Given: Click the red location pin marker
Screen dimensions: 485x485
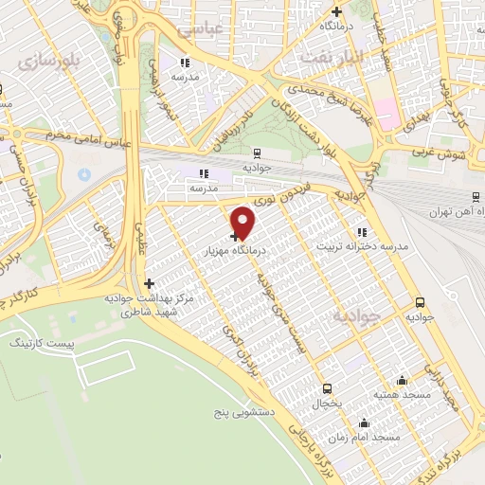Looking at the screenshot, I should [244, 223].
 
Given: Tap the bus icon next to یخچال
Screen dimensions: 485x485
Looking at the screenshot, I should [327, 388].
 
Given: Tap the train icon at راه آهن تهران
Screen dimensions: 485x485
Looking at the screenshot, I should [476, 196].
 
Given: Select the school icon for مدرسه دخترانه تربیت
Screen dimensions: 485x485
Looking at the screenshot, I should [362, 231].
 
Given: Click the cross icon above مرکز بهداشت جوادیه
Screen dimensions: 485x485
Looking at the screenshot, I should [148, 282].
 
